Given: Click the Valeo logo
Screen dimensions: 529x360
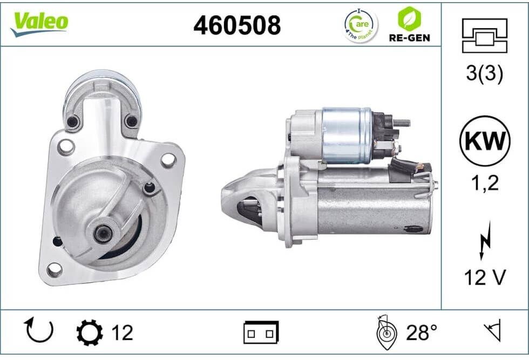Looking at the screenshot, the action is [x=39, y=23].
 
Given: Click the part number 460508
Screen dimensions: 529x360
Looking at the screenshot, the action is [x=237, y=25].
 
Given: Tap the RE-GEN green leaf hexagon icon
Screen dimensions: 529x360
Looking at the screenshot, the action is [x=409, y=19].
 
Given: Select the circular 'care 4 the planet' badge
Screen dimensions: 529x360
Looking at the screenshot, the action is [x=361, y=26].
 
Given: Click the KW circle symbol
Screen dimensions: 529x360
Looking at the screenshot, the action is [x=485, y=141].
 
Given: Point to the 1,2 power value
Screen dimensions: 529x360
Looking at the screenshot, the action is [x=485, y=183].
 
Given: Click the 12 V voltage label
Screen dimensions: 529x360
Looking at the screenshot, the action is [x=485, y=277].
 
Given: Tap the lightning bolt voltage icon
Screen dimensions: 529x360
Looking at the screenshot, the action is [x=485, y=240].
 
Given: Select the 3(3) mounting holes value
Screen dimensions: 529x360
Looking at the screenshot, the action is [x=485, y=73].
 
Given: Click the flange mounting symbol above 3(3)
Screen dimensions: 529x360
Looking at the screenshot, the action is [x=485, y=36].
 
